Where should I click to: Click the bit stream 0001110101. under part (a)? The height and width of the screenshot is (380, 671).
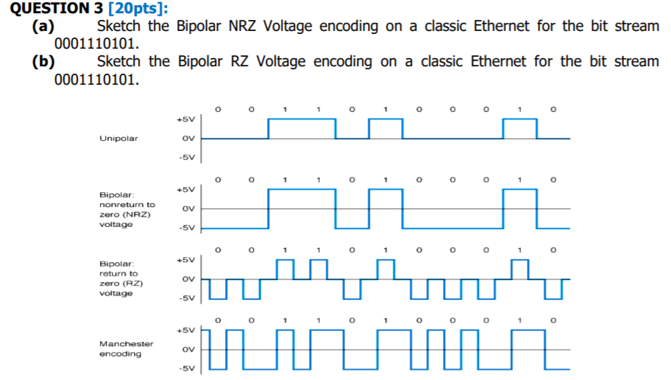96,43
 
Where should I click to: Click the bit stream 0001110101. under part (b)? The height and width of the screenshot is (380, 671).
96,79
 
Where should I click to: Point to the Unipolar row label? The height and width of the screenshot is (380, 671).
118,138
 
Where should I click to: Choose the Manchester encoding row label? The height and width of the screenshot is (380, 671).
127,349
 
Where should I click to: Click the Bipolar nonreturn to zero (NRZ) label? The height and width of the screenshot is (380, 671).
127,209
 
